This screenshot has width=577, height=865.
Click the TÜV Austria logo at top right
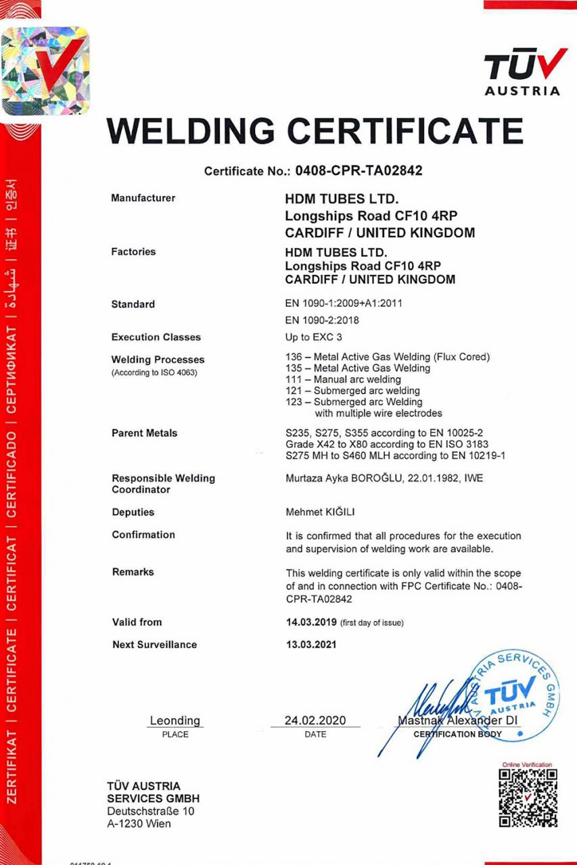522,72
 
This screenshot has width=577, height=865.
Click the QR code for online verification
528,797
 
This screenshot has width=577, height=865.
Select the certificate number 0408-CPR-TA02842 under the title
359,171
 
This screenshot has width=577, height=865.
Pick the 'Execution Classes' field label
156,337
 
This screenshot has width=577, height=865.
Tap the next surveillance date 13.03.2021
311,645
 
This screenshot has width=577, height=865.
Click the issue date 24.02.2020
315,720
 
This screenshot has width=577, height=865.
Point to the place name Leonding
175,720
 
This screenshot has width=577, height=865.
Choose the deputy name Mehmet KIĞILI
321,512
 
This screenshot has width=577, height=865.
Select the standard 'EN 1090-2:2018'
322,320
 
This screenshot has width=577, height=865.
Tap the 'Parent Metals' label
144,433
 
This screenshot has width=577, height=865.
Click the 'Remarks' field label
133,572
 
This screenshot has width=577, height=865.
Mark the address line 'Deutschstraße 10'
150,811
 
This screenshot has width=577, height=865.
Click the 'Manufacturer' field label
143,198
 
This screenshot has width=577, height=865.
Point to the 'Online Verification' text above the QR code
527,764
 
